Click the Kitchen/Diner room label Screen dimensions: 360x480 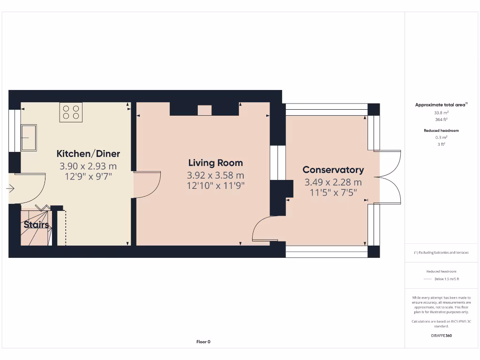88,154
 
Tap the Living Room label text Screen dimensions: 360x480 216,163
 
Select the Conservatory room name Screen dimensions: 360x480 333,170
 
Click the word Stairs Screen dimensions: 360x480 37,225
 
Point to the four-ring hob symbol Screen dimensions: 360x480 71,112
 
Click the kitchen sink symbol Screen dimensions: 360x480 28,138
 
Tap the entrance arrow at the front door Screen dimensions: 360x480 10,189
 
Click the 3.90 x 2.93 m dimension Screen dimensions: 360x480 88,166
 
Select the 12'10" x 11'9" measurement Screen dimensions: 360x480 216,185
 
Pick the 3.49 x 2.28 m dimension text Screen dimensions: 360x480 333,182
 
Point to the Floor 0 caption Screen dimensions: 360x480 203,342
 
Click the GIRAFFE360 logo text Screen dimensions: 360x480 441,336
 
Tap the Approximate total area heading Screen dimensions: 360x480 441,105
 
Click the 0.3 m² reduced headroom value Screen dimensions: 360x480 441,137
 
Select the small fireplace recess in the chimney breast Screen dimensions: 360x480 204,111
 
